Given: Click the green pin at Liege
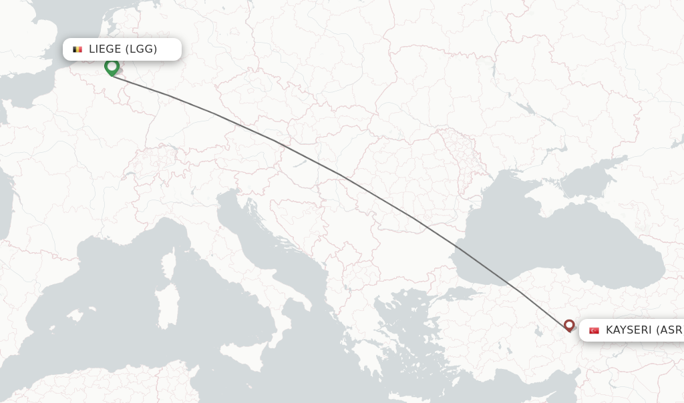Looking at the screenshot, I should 112,67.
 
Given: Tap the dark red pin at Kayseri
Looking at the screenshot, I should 569,325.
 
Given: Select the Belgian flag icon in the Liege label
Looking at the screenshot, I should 77,49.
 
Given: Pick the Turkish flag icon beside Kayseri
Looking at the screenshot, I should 594,330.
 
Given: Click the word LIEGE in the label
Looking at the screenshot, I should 105,49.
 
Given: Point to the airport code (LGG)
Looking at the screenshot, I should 141,49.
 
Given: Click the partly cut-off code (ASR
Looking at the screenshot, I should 669,330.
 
